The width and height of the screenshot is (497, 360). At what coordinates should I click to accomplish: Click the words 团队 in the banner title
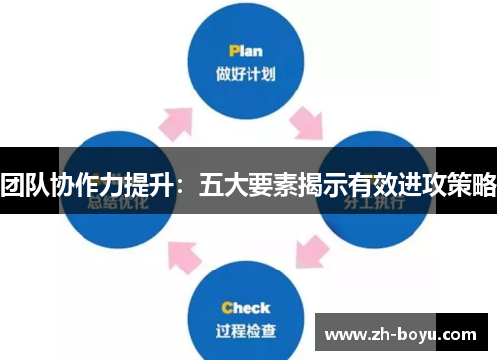click(x=27, y=183)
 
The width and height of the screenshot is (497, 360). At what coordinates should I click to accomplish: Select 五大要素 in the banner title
click(x=248, y=183)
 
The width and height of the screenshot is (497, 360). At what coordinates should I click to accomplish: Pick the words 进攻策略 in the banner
click(x=445, y=183)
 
